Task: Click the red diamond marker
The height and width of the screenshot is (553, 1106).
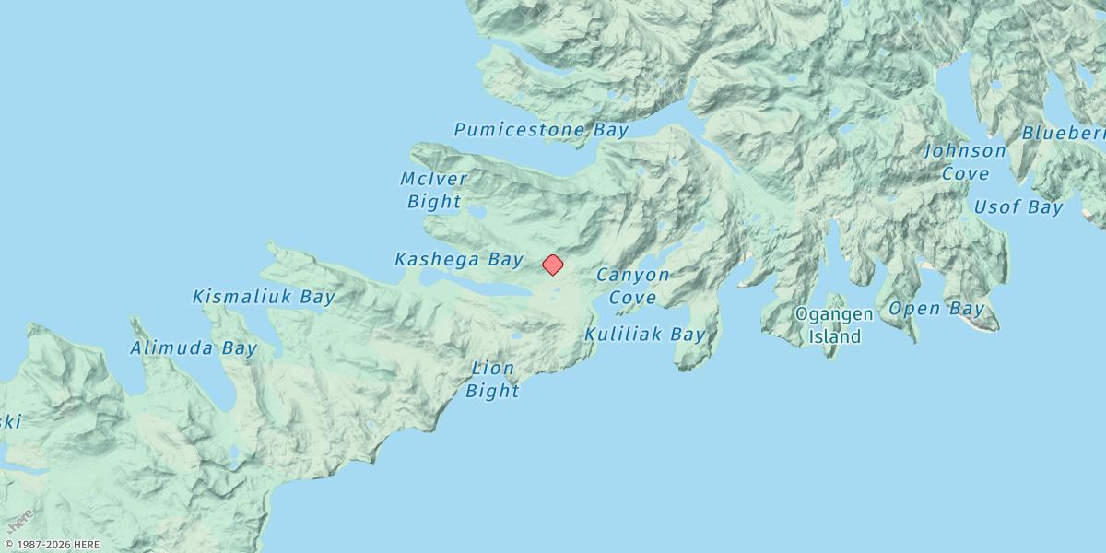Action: pyautogui.click(x=552, y=265)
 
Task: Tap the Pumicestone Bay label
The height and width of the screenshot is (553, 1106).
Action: pyautogui.click(x=541, y=129)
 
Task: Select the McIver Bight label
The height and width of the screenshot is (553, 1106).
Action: pyautogui.click(x=434, y=190)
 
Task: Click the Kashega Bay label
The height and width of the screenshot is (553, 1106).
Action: pyautogui.click(x=459, y=259)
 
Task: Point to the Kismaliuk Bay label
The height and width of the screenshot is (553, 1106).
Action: pyautogui.click(x=264, y=297)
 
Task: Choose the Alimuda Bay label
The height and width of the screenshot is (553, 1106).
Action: pyautogui.click(x=194, y=348)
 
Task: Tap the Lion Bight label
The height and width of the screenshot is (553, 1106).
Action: pyautogui.click(x=492, y=380)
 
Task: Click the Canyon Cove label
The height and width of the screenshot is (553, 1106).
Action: pyautogui.click(x=633, y=286)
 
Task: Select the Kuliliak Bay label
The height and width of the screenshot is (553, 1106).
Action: pyautogui.click(x=645, y=334)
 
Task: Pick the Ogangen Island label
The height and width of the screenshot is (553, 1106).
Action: pyautogui.click(x=835, y=325)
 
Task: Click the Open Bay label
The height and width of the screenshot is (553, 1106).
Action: pyautogui.click(x=936, y=309)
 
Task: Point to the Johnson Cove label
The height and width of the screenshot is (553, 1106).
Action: pyautogui.click(x=966, y=161)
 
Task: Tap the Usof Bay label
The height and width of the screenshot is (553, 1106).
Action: pyautogui.click(x=1018, y=207)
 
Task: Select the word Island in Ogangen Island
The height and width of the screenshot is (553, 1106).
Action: pyautogui.click(x=835, y=337)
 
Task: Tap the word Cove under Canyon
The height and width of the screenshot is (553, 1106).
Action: pyautogui.click(x=633, y=298)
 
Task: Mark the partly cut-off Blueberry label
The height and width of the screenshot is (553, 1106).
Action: pyautogui.click(x=1064, y=133)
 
